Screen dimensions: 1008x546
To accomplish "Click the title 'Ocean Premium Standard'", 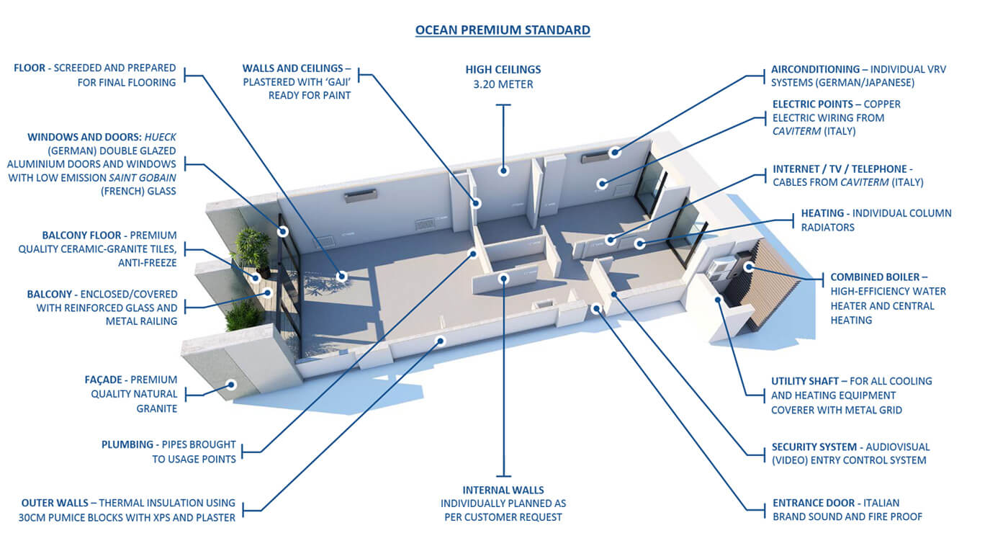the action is click(503, 30).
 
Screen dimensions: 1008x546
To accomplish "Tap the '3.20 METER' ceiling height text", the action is click(503, 84).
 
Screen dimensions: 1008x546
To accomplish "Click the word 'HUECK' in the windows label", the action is click(160, 137).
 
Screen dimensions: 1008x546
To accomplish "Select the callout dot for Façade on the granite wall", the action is click(231, 385).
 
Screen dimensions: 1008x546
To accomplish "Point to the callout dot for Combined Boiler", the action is click(749, 267).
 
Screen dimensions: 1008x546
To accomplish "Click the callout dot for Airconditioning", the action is click(615, 152).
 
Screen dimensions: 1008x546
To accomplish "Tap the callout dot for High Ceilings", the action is click(503, 171).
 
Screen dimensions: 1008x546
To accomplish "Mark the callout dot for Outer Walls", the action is click(441, 341).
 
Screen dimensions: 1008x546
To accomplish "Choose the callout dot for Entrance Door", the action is click(596, 309).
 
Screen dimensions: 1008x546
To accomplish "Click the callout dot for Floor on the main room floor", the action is click(341, 276).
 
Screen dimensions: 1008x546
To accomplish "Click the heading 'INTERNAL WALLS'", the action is click(503, 490).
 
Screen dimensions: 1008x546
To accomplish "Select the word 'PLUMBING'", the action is click(127, 444).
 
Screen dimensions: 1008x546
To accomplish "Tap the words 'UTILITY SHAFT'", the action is click(805, 381).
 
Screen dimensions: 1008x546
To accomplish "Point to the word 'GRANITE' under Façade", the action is click(157, 408).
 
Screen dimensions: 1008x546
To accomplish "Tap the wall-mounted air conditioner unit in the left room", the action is click(360, 196).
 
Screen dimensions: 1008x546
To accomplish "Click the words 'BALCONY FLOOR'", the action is click(81, 235).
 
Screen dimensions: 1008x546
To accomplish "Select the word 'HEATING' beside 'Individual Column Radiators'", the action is click(822, 213).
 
